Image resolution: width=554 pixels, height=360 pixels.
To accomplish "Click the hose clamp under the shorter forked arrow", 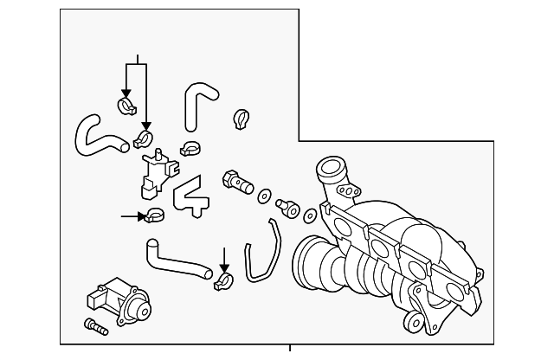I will pos(126,106).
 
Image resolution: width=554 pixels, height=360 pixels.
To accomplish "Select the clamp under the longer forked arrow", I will pos(145,137).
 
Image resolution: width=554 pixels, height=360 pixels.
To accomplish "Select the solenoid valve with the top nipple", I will pos(156,170).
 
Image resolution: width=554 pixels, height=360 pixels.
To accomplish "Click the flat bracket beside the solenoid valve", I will pos(191,196).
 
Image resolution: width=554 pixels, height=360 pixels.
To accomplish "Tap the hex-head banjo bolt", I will pos(235,179).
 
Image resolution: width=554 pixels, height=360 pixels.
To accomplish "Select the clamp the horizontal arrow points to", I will pos(155,215).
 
